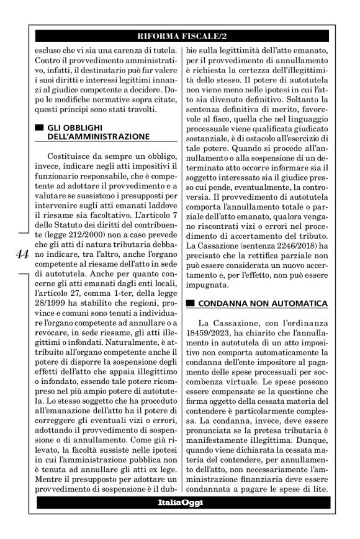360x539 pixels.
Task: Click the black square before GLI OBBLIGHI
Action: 40,127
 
